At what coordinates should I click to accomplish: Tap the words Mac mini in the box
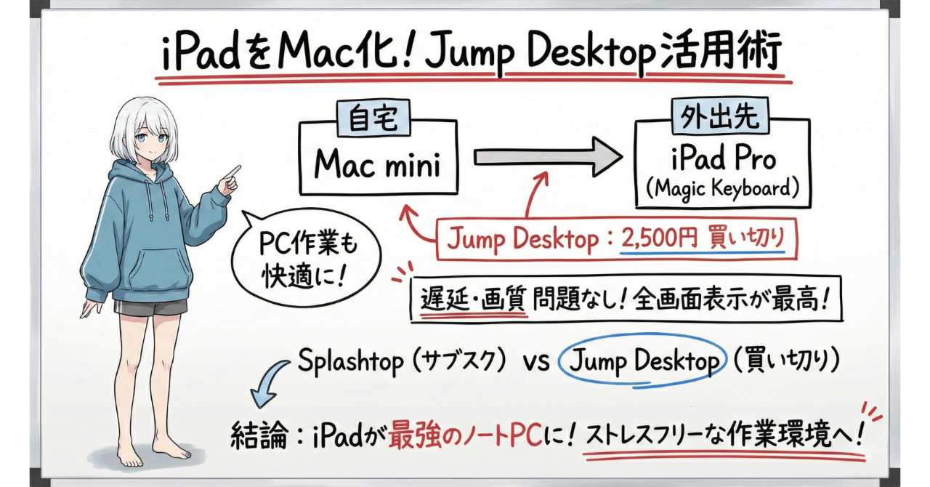pyautogui.click(x=378, y=164)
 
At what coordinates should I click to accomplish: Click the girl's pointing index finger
pyautogui.click(x=235, y=172)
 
